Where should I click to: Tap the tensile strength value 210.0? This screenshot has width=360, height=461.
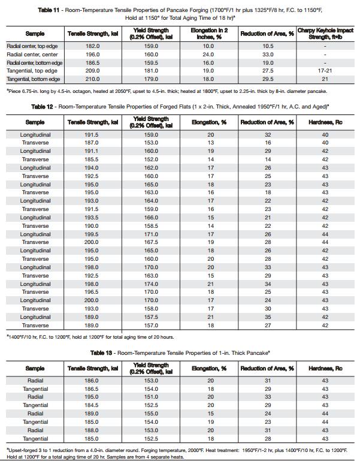pos(92,79)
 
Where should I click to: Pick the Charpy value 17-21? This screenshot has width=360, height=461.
pos(325,71)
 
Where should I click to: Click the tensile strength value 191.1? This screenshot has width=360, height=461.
pos(92,152)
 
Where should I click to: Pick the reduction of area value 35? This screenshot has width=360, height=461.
pos(268,317)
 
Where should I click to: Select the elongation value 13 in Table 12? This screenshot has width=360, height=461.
pos(210,143)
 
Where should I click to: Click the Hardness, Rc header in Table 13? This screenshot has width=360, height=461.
pos(325,367)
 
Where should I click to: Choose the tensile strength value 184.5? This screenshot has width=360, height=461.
pos(92,405)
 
